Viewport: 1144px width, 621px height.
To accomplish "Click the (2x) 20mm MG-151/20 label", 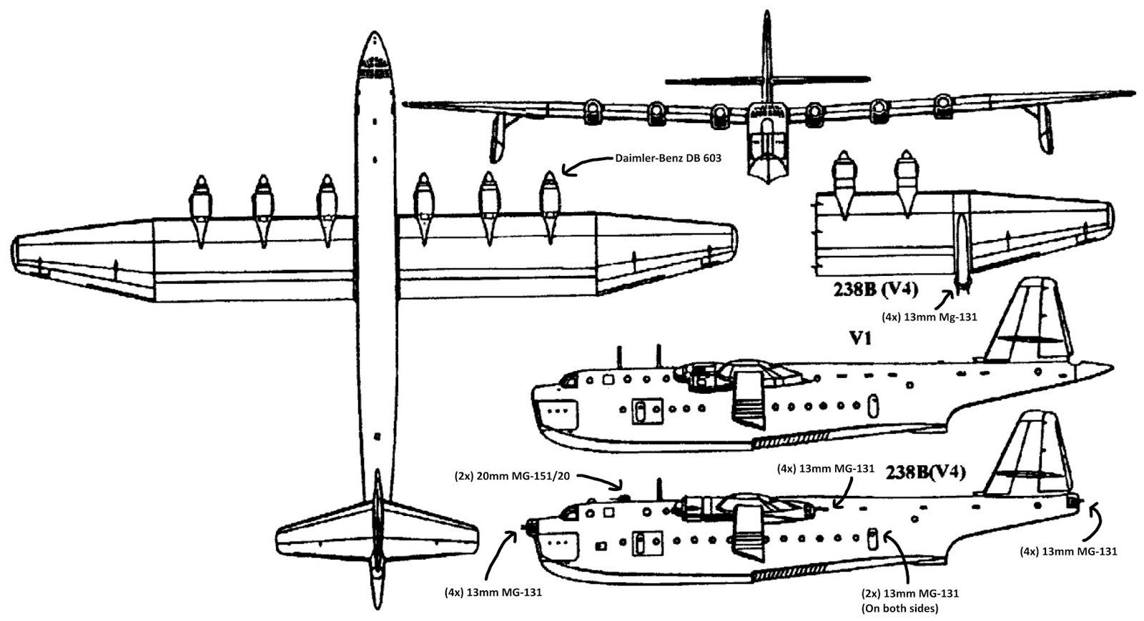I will (x=511, y=476).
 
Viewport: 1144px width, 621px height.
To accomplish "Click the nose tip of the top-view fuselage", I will (x=374, y=36).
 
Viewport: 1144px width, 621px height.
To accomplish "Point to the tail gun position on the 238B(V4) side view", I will (x=1073, y=502).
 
